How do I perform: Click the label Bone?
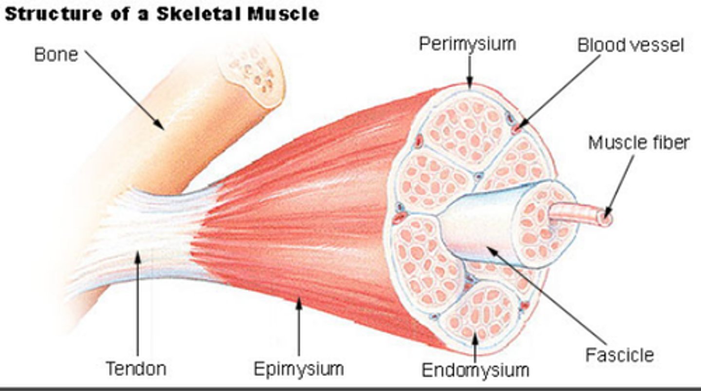(55, 55)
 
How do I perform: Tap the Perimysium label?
(467, 44)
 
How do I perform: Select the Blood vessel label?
(630, 45)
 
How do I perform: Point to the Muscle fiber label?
(638, 143)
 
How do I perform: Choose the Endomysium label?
(475, 370)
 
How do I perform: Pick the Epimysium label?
(298, 369)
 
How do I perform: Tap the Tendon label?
(136, 369)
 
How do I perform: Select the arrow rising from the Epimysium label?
(299, 326)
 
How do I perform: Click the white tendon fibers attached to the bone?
(141, 234)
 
